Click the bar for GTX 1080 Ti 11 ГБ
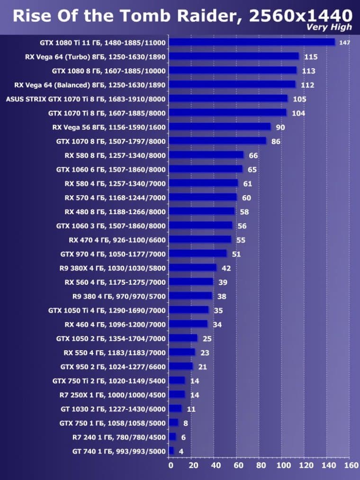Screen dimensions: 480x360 [252, 42]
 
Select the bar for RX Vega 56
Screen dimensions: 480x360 [219, 127]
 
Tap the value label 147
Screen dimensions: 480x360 [344, 43]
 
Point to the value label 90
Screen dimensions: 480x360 [279, 127]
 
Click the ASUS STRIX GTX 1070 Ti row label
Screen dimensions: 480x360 [85, 99]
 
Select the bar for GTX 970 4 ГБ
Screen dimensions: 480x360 [198, 254]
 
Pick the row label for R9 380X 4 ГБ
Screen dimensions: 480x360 [112, 268]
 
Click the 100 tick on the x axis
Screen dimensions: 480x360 [282, 465]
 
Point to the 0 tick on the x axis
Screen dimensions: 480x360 [171, 465]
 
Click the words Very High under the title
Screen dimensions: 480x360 [329, 27]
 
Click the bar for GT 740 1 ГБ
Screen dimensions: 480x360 [171, 451]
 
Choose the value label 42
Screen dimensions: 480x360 [226, 268]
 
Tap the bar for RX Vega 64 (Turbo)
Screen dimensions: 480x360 [234, 56]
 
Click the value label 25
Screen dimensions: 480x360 [207, 338]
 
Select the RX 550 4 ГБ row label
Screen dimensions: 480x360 [115, 353]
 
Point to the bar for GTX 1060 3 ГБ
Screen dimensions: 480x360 [200, 225]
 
